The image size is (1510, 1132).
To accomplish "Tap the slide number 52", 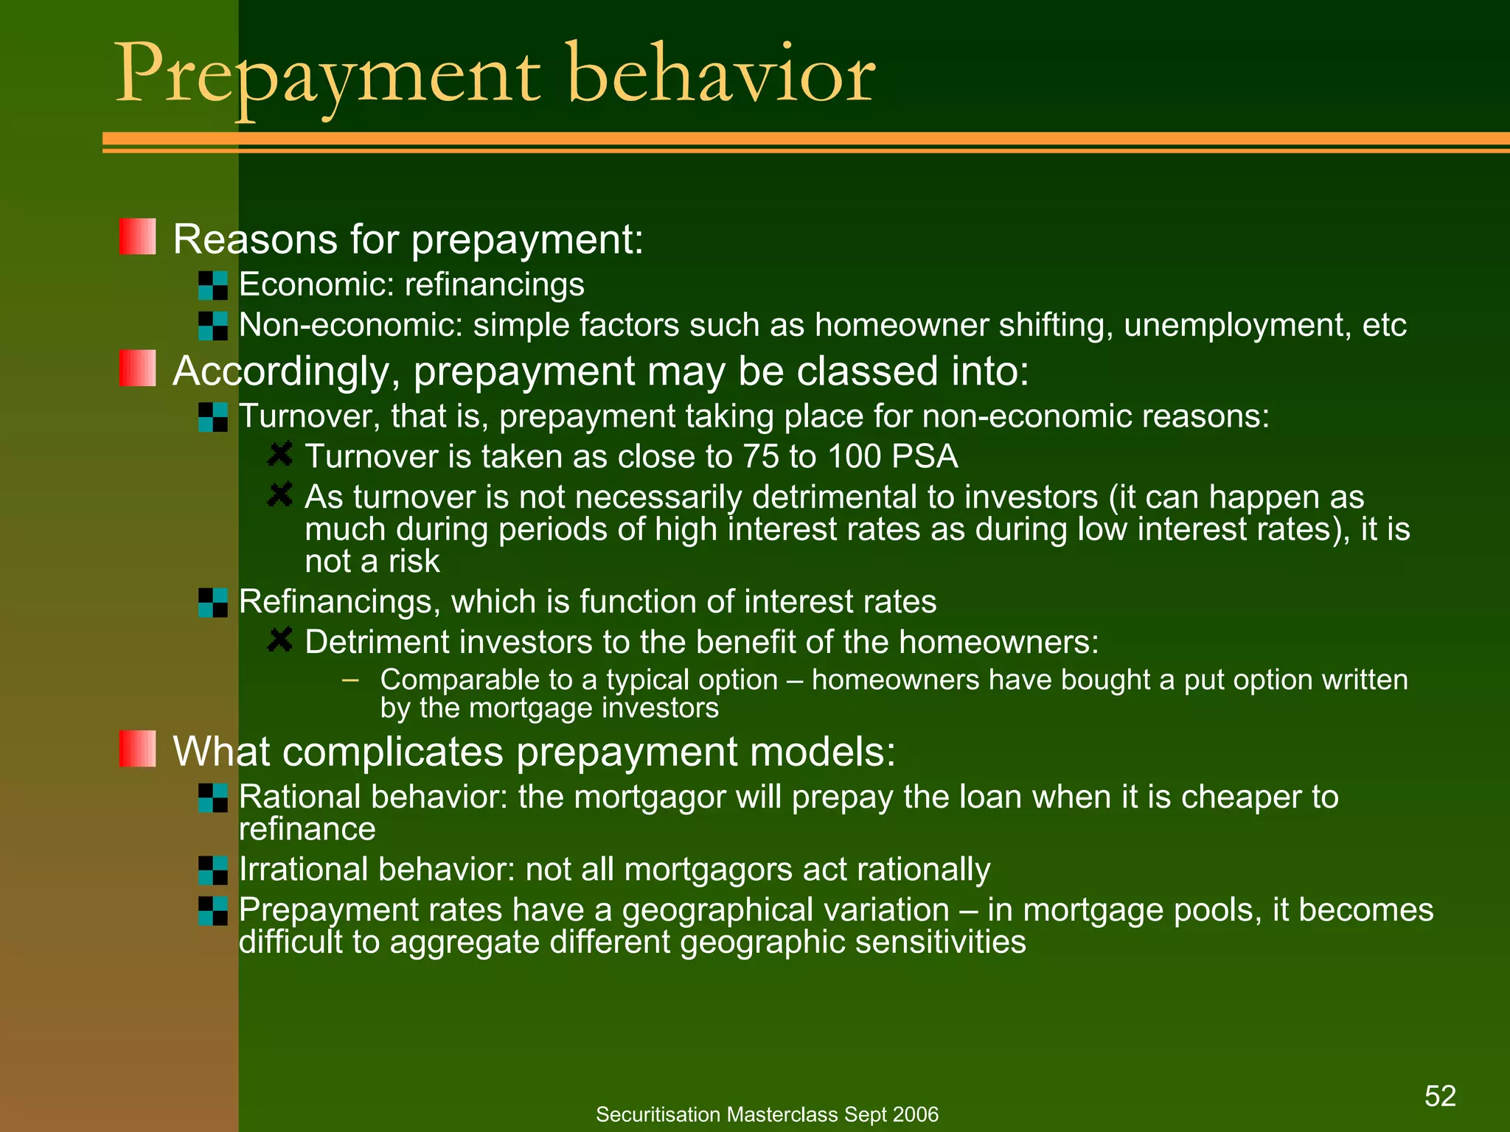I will pos(1440,1096).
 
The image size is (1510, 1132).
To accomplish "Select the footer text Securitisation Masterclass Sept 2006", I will pos(767,1114).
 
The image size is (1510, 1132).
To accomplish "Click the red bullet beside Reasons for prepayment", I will pos(138,237).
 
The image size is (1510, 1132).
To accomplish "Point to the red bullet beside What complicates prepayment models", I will pos(138,749).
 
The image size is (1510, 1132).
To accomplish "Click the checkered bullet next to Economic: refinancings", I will pos(213,285).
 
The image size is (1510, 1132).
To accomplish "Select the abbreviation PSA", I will pos(925,457).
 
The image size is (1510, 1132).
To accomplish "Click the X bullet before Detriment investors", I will pos(280,640).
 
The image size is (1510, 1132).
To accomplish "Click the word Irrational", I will pos(305,870).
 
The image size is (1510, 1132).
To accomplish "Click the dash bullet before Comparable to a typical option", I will pos(351,679).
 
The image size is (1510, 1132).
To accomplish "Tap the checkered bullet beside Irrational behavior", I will pos(213,870).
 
